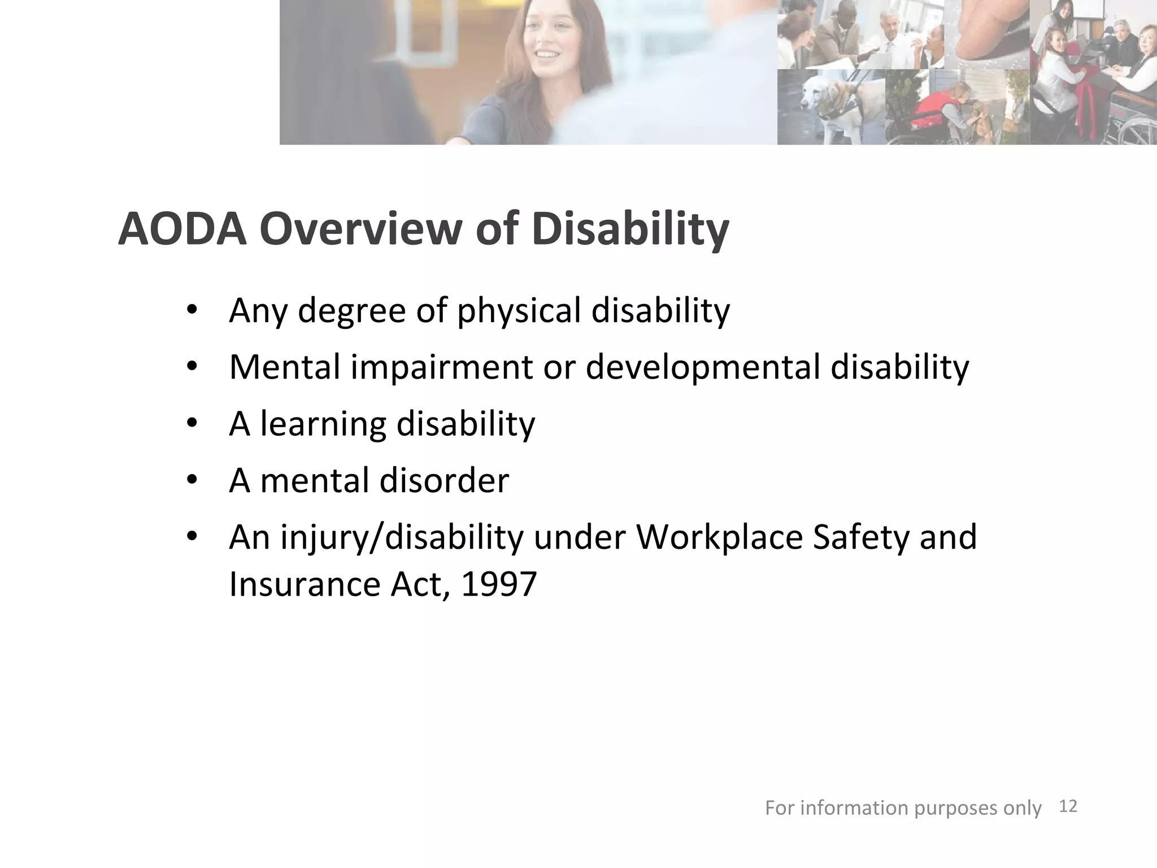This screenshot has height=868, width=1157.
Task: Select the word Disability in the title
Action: [x=630, y=229]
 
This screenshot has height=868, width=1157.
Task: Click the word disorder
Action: [x=444, y=480]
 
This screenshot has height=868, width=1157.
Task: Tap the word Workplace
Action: [x=719, y=537]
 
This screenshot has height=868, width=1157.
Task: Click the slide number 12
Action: [x=1068, y=806]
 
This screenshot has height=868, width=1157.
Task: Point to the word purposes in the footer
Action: [x=955, y=808]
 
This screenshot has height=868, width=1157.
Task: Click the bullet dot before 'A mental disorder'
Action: [x=192, y=481]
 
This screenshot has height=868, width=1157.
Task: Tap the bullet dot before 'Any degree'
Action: [x=192, y=311]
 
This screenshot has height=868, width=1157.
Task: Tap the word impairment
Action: [x=442, y=367]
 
